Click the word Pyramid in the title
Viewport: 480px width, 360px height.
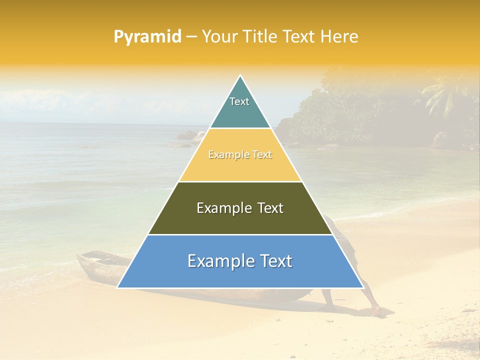point(147,37)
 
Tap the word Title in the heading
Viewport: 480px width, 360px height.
point(258,37)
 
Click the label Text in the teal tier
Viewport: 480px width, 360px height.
point(239,101)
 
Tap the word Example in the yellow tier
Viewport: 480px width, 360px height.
point(225,155)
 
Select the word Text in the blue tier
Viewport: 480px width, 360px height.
point(275,261)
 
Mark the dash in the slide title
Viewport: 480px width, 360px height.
point(191,37)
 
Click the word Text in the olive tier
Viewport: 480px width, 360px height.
point(268,208)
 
